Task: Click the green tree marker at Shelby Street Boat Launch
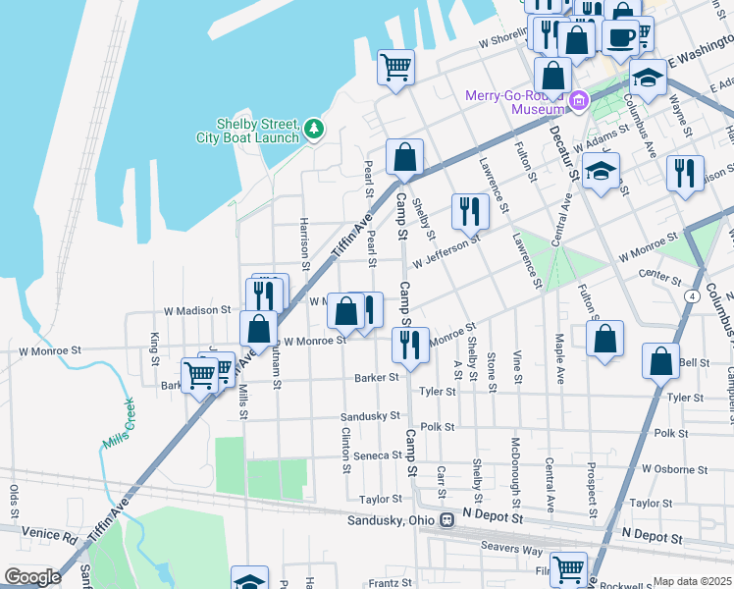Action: coord(313,129)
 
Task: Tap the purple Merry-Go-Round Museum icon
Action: coord(579,99)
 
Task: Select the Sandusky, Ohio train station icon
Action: coord(446,519)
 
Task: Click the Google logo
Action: coord(32,576)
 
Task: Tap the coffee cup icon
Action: coord(619,37)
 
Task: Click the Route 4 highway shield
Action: coord(693,294)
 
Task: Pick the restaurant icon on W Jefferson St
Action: coord(469,210)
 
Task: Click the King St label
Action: coord(155,348)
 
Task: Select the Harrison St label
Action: coord(305,243)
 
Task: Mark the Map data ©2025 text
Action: coord(693,581)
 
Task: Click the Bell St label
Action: coord(694,362)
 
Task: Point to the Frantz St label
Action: coord(390,583)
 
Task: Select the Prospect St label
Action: coord(593,489)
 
